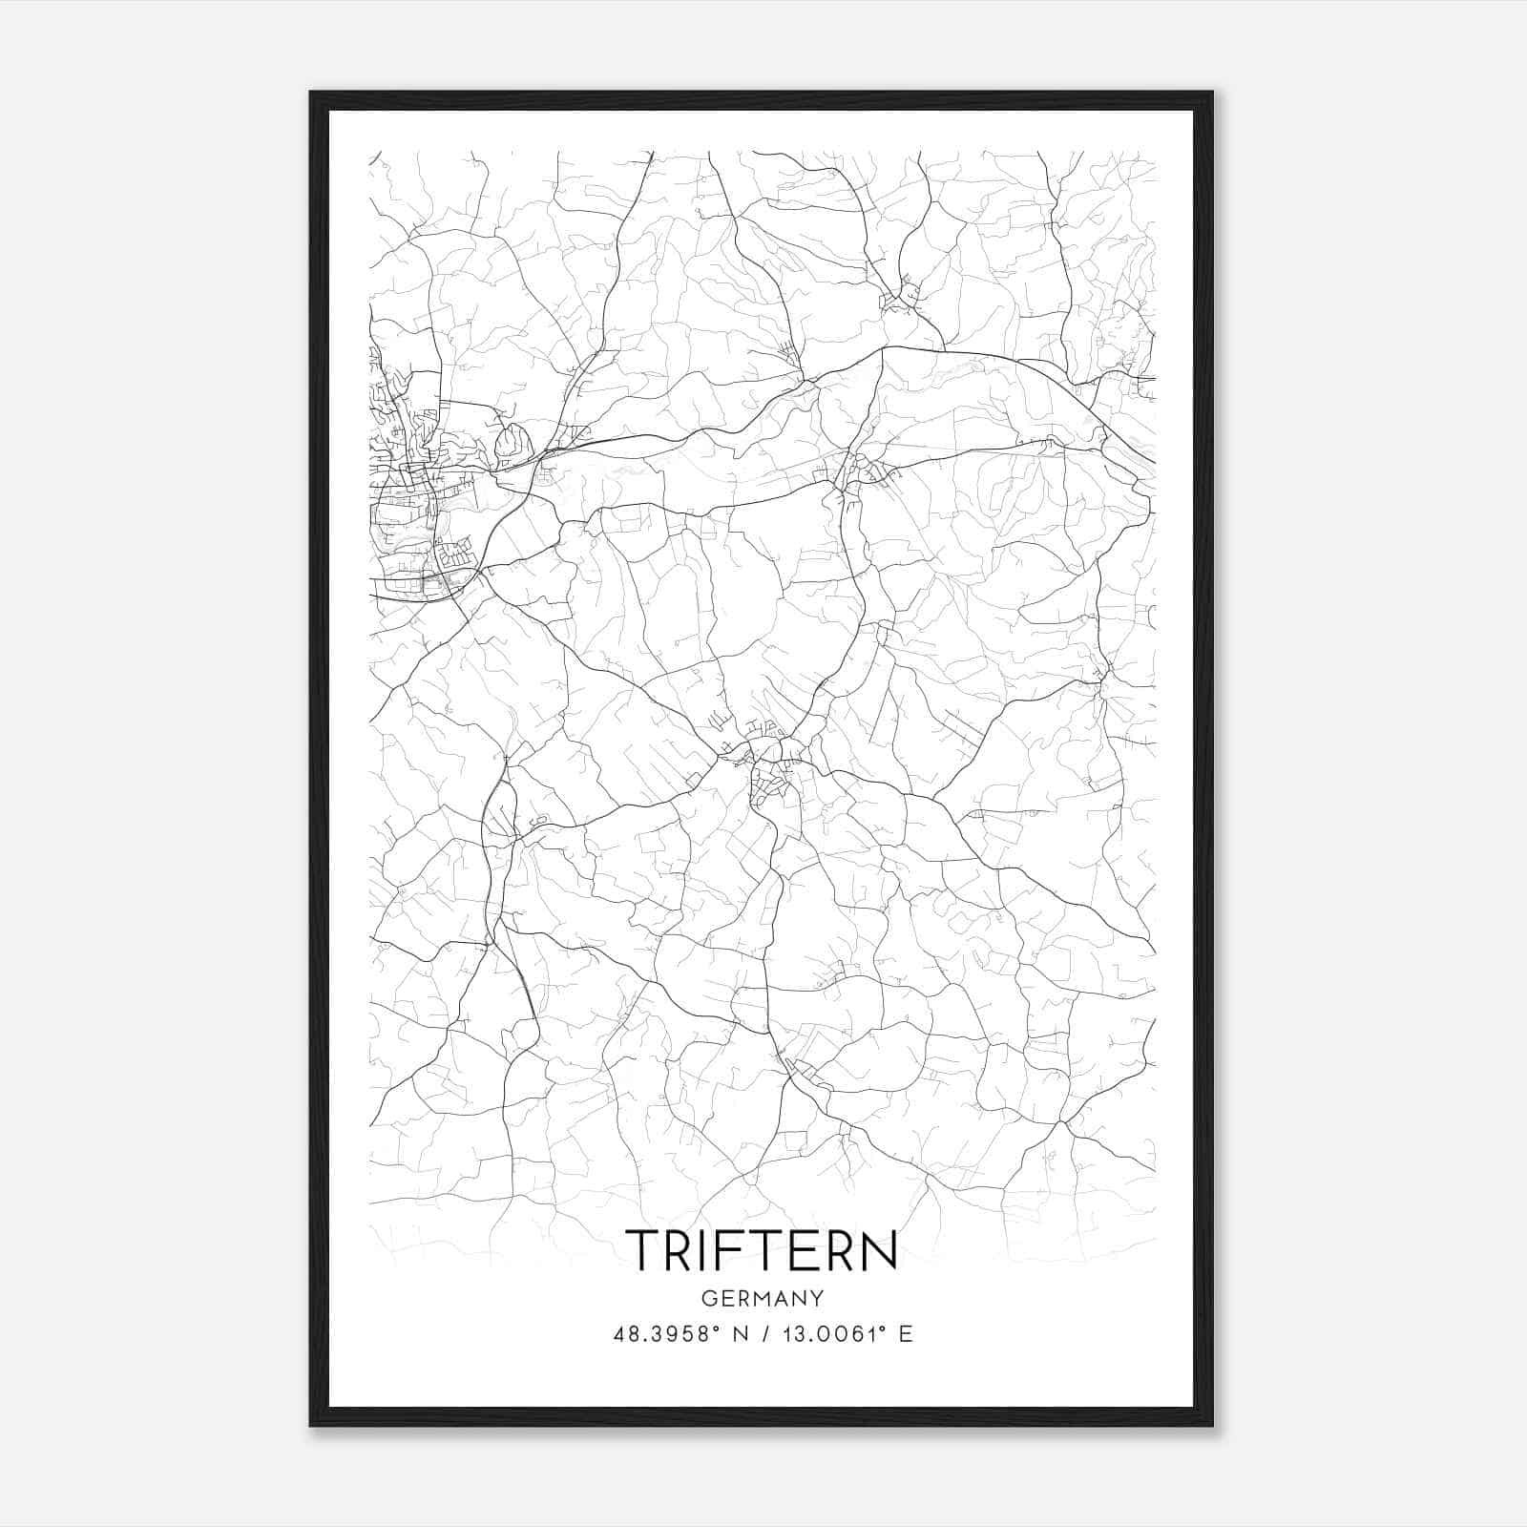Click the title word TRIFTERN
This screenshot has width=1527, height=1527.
[762, 1250]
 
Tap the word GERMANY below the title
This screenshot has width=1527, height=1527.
[762, 1299]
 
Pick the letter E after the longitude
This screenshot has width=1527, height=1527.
[906, 1334]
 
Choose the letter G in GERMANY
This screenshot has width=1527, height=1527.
[707, 1299]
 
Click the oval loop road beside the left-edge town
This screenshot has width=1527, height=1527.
[512, 442]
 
